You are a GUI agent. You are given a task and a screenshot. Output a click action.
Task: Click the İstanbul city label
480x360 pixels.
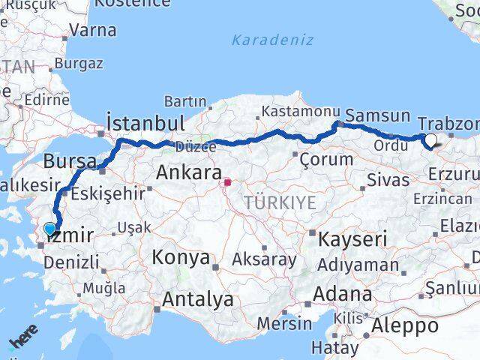click(145, 123)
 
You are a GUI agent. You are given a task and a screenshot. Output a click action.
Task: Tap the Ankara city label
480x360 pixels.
click(188, 173)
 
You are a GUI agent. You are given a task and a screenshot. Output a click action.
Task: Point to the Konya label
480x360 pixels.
click(180, 258)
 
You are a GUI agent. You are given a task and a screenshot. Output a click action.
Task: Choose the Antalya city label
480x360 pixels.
click(197, 300)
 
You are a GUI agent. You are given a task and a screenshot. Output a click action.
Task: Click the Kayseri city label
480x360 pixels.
click(352, 240)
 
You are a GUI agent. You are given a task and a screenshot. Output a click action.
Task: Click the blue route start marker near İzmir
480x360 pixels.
click(50, 229)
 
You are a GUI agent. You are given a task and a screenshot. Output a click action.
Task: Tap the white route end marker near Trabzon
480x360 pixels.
click(430, 139)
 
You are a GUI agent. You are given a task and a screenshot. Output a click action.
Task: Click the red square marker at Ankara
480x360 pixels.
click(227, 181)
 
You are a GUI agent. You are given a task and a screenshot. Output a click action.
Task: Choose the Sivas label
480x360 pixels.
click(388, 180)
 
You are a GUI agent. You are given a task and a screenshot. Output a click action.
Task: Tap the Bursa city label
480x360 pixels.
click(70, 161)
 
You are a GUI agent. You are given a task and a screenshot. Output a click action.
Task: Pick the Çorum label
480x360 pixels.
click(325, 159)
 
